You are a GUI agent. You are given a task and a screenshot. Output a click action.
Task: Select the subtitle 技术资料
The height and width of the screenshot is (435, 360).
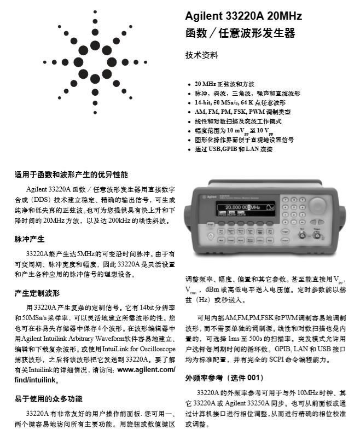202,55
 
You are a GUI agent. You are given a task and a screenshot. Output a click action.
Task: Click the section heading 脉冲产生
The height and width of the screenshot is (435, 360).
30,239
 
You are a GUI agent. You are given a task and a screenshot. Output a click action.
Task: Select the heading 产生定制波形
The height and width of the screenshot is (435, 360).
37,293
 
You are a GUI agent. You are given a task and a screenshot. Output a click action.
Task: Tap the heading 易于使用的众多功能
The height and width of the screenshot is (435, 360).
49,399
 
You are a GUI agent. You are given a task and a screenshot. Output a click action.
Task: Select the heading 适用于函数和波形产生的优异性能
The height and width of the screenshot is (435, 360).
71,175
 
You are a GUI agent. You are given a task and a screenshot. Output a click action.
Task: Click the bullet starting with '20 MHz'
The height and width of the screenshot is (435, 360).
224,84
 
